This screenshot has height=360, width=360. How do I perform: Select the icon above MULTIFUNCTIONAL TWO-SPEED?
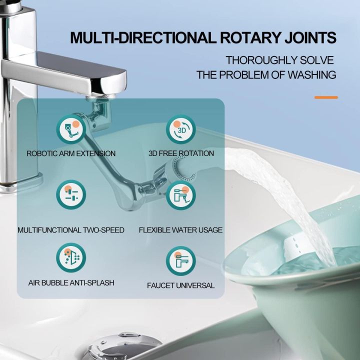71,194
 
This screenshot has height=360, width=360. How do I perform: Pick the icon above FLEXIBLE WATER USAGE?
180,194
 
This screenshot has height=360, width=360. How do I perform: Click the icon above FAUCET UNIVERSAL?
180,260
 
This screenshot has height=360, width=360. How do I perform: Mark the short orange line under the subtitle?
326,97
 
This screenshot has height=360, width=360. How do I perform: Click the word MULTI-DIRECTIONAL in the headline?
134,38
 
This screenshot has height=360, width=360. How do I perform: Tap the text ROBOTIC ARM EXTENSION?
71,153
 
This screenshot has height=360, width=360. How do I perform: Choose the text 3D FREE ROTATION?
180,153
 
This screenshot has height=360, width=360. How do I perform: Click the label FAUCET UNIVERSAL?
180,285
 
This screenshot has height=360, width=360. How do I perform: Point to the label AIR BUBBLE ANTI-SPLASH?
71,283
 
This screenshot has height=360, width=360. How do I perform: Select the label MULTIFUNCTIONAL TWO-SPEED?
71,230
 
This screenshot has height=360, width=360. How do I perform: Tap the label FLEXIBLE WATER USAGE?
180,230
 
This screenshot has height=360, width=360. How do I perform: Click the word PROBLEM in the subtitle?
248,75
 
